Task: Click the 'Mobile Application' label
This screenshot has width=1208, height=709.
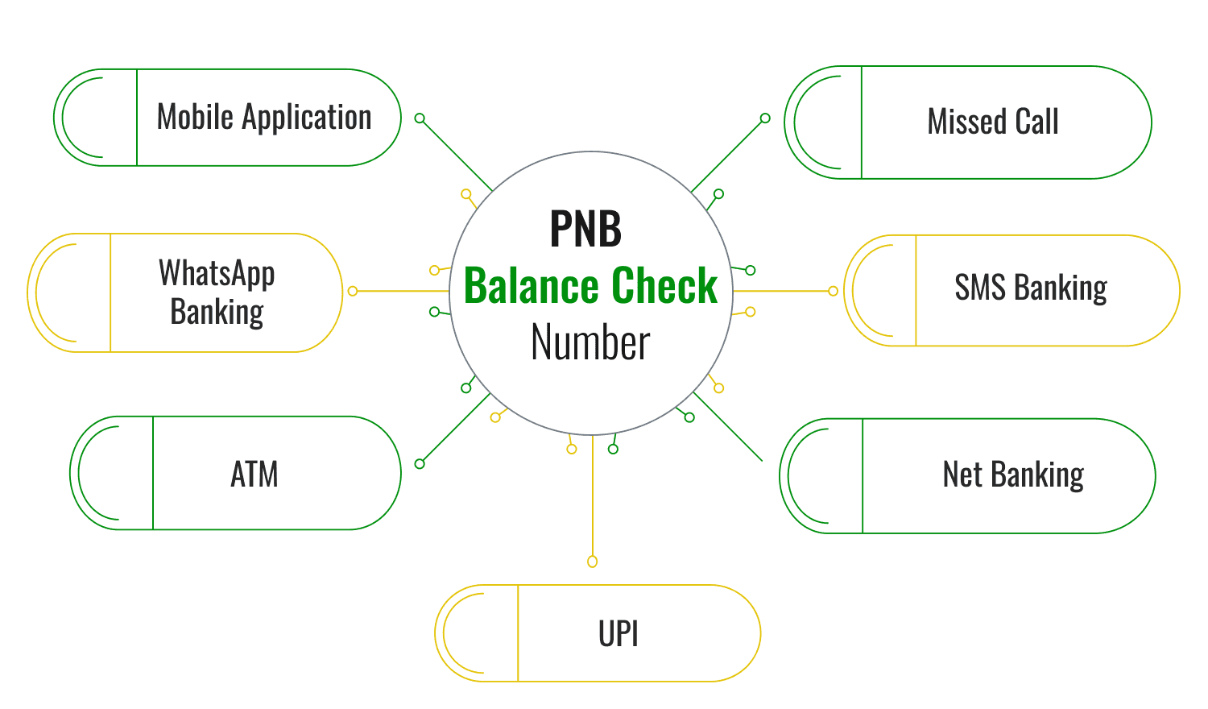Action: coord(264,118)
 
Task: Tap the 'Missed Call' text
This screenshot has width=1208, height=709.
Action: coord(993,122)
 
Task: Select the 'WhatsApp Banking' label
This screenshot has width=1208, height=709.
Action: coord(217,292)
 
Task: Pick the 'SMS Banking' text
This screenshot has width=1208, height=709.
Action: coord(1031,288)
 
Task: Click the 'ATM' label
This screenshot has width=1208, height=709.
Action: coord(254,475)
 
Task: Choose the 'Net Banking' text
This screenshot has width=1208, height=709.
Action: coord(1013,475)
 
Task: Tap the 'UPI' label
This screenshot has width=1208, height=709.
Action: coord(618,635)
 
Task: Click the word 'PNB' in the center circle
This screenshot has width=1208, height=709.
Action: coord(585,230)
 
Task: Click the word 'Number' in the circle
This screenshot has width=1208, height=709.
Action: coord(590,343)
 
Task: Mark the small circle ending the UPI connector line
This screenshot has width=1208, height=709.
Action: coord(593,562)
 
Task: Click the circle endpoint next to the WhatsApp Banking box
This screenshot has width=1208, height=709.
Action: coord(352,291)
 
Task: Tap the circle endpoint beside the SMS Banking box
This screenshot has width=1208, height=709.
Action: coord(834,291)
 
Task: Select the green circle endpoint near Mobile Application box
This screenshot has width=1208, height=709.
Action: coord(420,118)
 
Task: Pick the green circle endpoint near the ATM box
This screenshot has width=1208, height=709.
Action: coord(420,463)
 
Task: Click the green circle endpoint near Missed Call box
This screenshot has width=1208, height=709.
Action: coord(765,118)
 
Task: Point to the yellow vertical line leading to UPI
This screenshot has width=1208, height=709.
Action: coord(593,500)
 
